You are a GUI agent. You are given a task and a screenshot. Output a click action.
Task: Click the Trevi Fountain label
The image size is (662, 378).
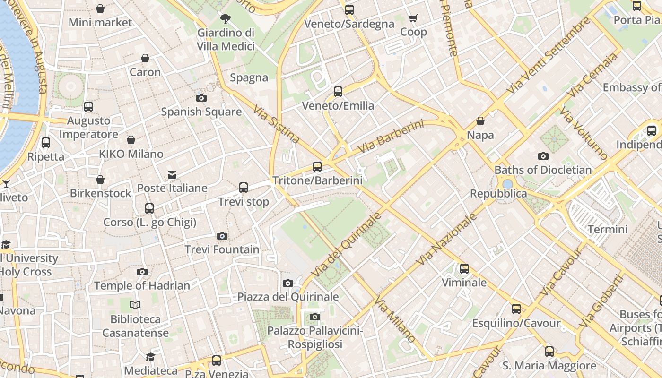(x=222, y=249)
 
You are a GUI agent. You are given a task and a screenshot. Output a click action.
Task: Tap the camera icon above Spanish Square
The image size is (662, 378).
(x=201, y=98)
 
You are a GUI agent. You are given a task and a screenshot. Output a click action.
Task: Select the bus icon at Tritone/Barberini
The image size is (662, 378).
(x=317, y=167)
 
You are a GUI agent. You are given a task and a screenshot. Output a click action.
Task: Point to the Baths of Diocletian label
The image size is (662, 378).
(x=543, y=170)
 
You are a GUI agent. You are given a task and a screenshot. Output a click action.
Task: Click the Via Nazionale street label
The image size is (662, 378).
(x=447, y=239)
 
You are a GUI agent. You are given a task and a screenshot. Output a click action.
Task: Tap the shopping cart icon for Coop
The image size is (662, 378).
(x=413, y=18)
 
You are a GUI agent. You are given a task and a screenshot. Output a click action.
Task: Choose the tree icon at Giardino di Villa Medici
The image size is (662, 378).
(x=226, y=19)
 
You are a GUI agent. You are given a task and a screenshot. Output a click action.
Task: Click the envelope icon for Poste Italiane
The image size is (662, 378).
(x=172, y=175)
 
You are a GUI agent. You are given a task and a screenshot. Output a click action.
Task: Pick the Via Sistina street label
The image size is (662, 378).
(x=276, y=124)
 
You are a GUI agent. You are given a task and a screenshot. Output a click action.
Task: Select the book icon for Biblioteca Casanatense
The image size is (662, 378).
(x=135, y=305)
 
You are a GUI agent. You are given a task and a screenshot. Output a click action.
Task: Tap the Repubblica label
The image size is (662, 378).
(x=498, y=194)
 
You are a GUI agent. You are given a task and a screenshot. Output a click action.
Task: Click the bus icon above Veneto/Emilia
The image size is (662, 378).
(x=338, y=92)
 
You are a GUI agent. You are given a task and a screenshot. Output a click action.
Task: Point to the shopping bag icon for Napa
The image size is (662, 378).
(x=480, y=121)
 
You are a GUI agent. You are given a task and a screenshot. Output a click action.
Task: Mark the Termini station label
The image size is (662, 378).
(x=607, y=230)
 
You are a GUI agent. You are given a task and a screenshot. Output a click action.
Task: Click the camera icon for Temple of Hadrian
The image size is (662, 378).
(x=142, y=272)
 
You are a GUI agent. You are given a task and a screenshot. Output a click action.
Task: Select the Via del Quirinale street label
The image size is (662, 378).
(x=347, y=245)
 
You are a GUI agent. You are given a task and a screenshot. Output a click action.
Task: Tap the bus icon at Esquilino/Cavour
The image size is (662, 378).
(x=516, y=309)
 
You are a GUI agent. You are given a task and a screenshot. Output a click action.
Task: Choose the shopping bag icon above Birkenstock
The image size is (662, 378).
(x=100, y=180)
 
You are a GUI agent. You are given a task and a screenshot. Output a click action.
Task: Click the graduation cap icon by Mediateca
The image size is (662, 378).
(x=150, y=357)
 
